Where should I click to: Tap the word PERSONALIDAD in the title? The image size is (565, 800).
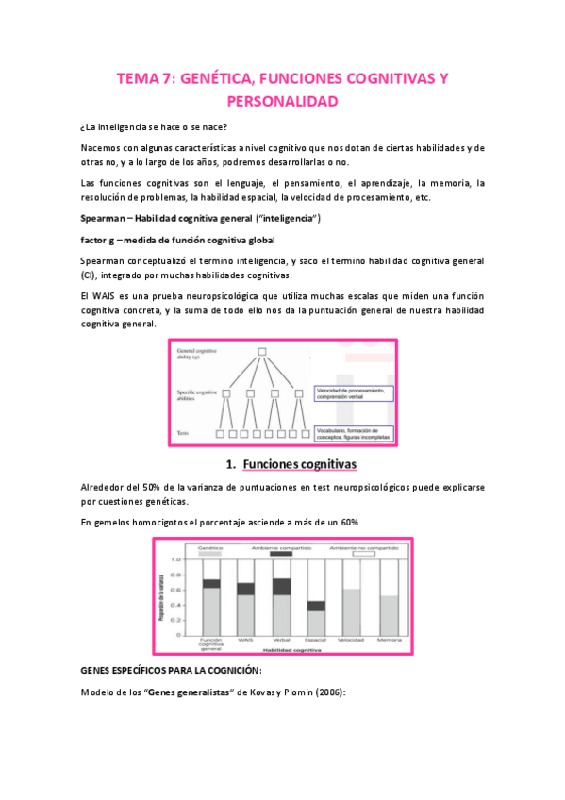point(282,100)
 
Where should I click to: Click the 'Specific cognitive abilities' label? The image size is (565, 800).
point(199,394)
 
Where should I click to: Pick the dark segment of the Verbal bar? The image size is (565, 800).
point(280,586)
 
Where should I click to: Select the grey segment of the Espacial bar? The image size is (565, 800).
point(316,624)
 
